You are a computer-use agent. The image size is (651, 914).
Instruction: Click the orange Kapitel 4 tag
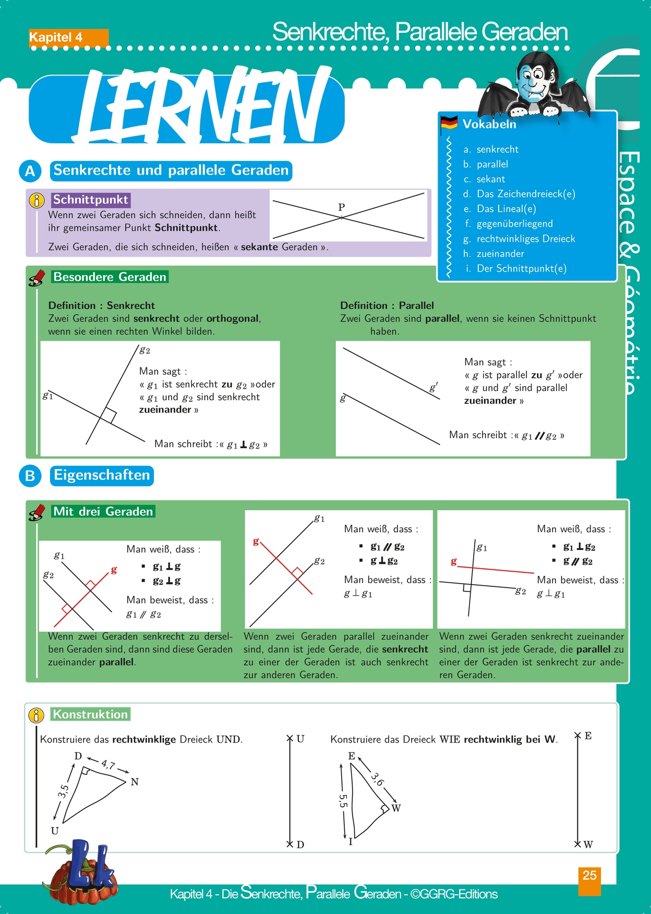click(x=68, y=38)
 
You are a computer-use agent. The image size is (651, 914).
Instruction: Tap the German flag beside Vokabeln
click(x=449, y=123)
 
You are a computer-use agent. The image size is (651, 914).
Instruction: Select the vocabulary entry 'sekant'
click(x=490, y=179)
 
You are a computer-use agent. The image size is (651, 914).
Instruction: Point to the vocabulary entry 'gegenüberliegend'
click(x=514, y=224)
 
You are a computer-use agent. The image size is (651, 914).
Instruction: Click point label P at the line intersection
click(x=342, y=207)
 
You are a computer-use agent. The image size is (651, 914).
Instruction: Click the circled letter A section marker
click(x=30, y=171)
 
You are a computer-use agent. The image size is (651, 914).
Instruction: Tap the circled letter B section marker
click(x=30, y=476)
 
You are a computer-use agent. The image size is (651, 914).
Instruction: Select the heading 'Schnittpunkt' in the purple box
click(x=90, y=200)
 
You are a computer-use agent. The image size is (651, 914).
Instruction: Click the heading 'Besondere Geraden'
click(x=110, y=277)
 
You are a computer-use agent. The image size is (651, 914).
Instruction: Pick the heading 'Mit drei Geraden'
click(x=103, y=512)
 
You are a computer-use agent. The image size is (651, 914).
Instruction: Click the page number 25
click(x=589, y=875)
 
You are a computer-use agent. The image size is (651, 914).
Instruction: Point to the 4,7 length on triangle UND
click(x=108, y=765)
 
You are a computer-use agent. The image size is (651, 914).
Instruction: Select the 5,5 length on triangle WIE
click(x=343, y=800)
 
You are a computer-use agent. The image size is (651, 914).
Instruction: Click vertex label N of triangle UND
click(x=135, y=782)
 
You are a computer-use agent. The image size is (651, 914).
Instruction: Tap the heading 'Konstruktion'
click(x=90, y=714)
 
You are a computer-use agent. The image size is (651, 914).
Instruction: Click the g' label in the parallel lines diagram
click(x=433, y=387)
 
